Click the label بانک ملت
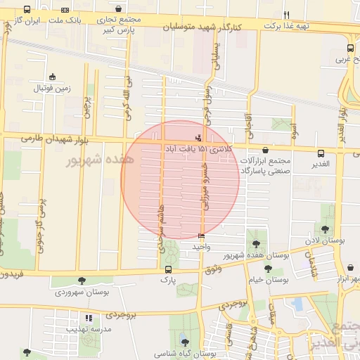(65, 21)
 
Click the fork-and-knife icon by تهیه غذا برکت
(286, 15)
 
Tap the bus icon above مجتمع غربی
(350, 49)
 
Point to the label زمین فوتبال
(52, 89)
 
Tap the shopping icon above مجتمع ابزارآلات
(264, 150)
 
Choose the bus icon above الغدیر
(321, 153)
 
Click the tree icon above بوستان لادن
(325, 229)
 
